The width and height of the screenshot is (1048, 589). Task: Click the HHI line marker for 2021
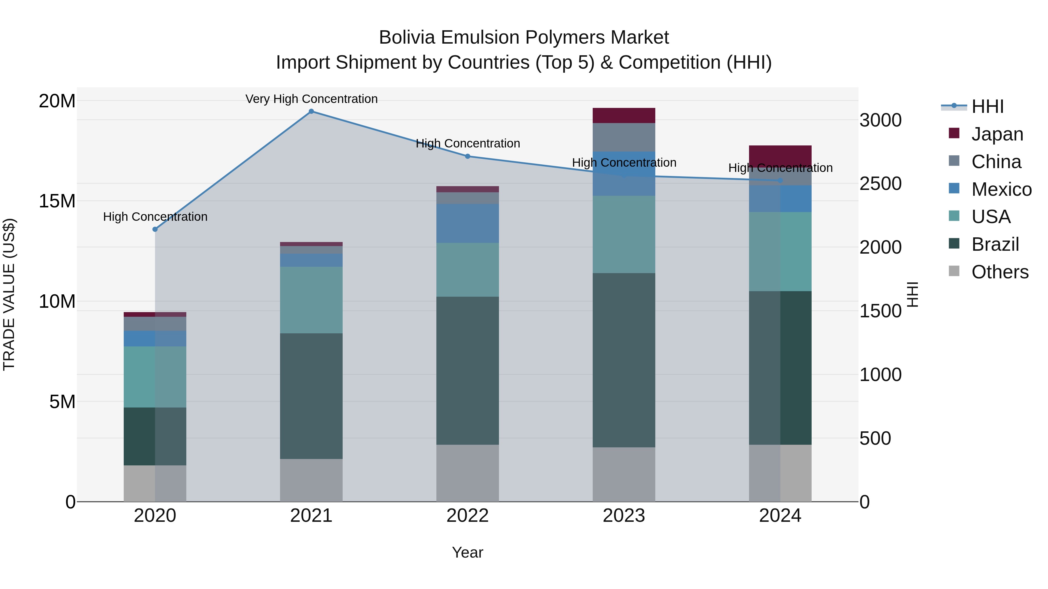pyautogui.click(x=311, y=111)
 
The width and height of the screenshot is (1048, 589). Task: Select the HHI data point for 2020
pyautogui.click(x=155, y=229)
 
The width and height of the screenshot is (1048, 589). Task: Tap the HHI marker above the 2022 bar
pyautogui.click(x=468, y=156)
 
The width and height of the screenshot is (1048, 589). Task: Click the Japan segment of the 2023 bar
pyautogui.click(x=624, y=115)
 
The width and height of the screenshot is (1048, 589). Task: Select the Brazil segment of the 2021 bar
pyautogui.click(x=311, y=396)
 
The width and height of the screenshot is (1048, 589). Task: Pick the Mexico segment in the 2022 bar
pyautogui.click(x=468, y=224)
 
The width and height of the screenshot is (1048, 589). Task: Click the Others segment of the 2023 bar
pyautogui.click(x=624, y=474)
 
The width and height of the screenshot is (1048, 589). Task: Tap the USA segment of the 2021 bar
pyautogui.click(x=311, y=300)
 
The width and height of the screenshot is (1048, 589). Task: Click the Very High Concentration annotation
pyautogui.click(x=311, y=99)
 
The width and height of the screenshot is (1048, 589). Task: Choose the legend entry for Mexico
pyautogui.click(x=1001, y=189)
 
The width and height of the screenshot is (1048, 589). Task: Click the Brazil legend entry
pyautogui.click(x=995, y=244)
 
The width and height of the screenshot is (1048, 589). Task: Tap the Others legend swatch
pyautogui.click(x=954, y=271)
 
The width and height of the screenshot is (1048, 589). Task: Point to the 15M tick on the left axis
pyautogui.click(x=57, y=201)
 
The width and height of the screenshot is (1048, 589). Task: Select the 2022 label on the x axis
pyautogui.click(x=468, y=516)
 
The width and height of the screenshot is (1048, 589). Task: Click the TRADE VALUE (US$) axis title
pyautogui.click(x=9, y=294)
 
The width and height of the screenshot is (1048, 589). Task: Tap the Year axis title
pyautogui.click(x=468, y=552)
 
